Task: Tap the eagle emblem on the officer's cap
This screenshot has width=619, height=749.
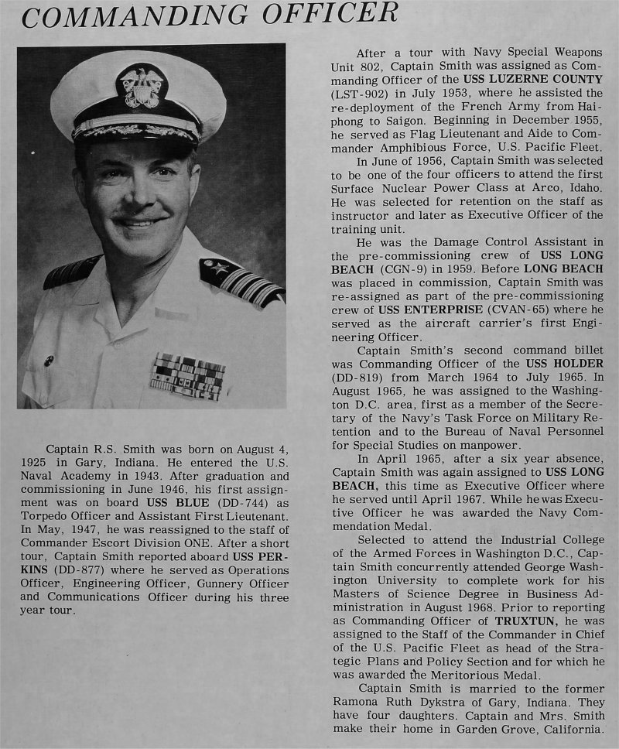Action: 141,85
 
